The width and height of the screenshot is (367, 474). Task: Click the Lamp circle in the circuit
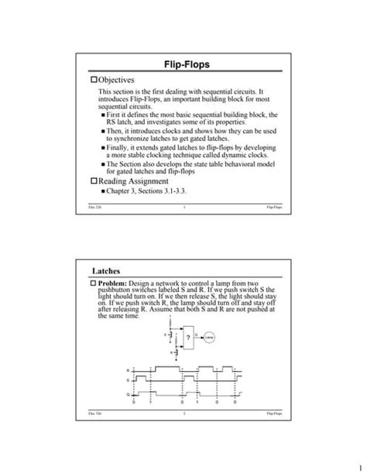pyautogui.click(x=210, y=338)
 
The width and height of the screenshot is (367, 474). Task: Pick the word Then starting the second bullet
pyautogui.click(x=115, y=131)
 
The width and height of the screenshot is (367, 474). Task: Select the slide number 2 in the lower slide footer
pyautogui.click(x=183, y=416)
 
